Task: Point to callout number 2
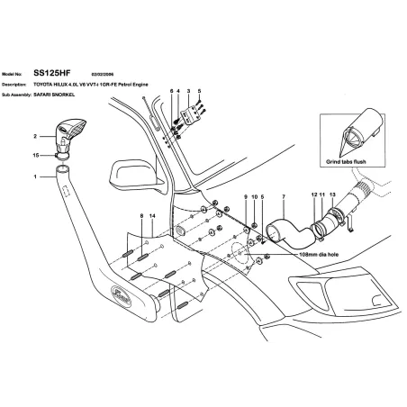tap(35, 137)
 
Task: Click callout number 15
tap(35, 156)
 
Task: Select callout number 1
tap(35, 177)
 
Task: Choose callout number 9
tap(244, 196)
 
